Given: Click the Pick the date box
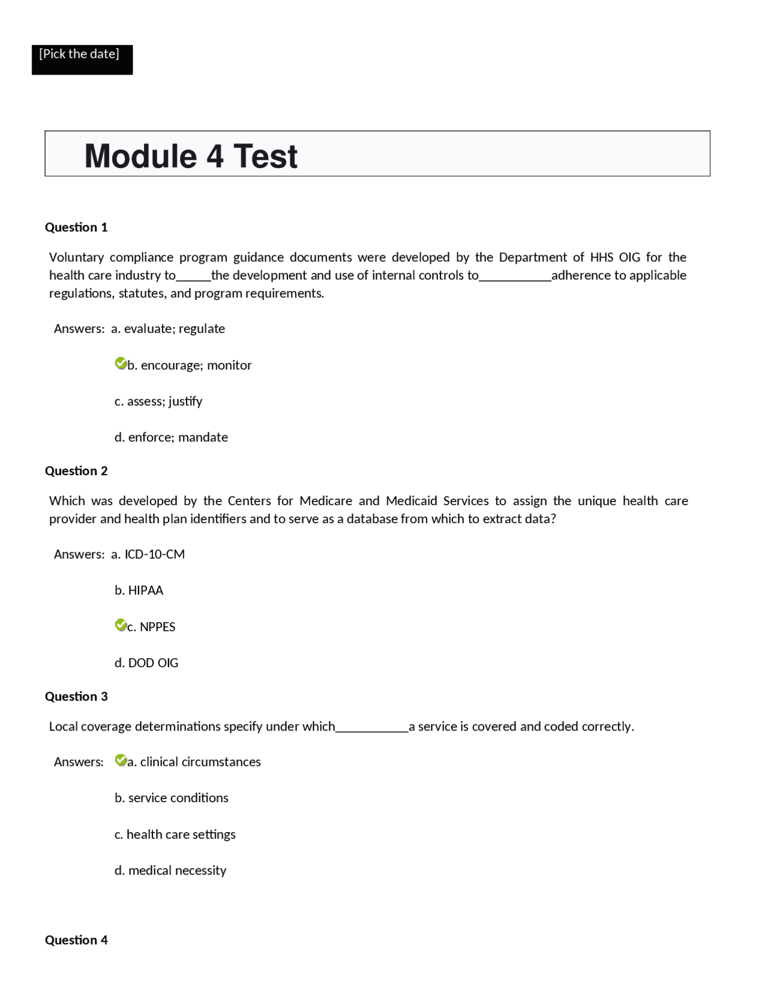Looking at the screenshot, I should pos(82,59).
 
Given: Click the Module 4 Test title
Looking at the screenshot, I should pos(191,156).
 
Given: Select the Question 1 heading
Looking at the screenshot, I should pos(76,227).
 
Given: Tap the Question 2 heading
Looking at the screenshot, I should pos(76,470).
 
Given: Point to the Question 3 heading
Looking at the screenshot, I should pos(76,696).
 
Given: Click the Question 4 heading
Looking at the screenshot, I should pos(76,939).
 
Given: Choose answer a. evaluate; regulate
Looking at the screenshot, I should pos(168,328).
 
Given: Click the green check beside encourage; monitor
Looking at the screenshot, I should pos(120,363).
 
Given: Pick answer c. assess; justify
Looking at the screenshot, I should pos(158,401).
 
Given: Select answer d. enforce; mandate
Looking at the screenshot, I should pos(171,437).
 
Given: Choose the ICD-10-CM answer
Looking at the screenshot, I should pos(148,554).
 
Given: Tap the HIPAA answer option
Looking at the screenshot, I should pos(139,590).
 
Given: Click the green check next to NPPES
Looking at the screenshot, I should pos(120,625).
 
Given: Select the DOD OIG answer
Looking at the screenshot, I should pos(146,662).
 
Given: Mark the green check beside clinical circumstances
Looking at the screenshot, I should pos(120,760).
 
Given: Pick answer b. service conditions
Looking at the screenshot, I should pos(172,797).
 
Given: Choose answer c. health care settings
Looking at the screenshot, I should pos(175,834).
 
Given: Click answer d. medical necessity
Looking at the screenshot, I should pos(170,870).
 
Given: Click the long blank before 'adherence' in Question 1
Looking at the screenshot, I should pos(515,277).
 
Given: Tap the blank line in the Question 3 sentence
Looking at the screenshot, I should pos(372,728).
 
